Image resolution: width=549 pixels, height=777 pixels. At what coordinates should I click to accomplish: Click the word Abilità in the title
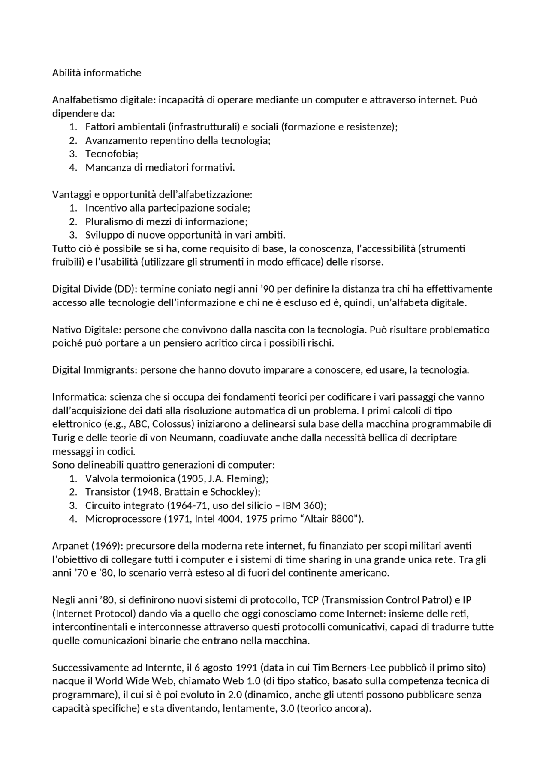click(x=66, y=73)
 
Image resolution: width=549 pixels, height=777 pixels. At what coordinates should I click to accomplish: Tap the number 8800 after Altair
click(x=343, y=519)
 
